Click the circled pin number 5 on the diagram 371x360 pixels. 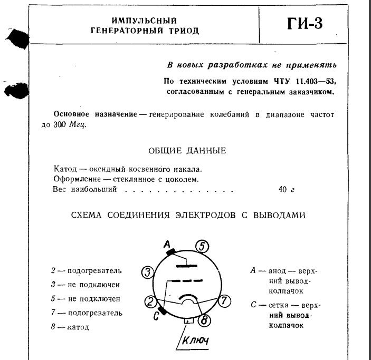coord(203,246)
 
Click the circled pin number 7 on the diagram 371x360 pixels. coord(224,301)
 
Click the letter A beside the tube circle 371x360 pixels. coord(167,244)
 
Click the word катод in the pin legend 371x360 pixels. coord(78,327)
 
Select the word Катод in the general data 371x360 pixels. coord(65,170)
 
